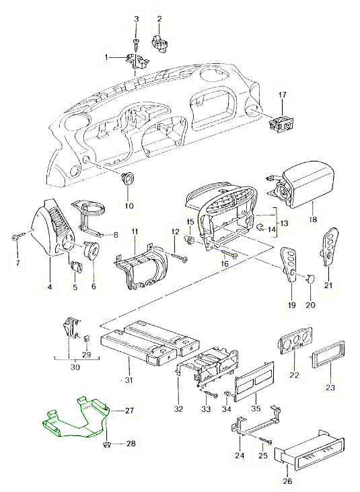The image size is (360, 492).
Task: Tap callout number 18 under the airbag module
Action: [313, 219]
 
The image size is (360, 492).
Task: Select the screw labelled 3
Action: [136, 45]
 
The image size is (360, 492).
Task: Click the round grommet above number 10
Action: [127, 178]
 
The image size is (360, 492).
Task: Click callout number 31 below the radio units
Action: [129, 380]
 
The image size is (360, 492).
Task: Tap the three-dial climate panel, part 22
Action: [295, 340]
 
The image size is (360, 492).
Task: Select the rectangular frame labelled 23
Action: [327, 353]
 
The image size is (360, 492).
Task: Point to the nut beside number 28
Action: [106, 444]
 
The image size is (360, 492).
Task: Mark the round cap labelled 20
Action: [310, 279]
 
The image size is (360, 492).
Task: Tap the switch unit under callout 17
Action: [282, 123]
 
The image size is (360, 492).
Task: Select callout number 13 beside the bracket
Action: [284, 223]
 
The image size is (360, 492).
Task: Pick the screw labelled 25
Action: [265, 441]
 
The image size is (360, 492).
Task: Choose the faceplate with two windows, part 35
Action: [254, 382]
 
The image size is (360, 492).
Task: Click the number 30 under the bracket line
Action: [75, 367]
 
